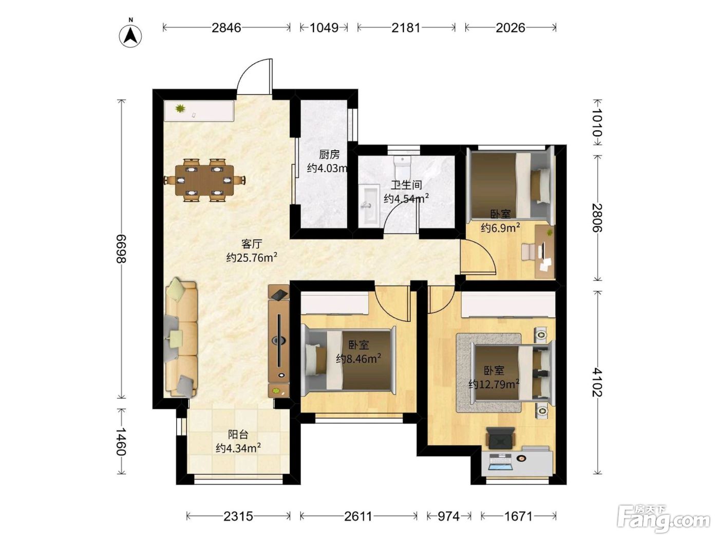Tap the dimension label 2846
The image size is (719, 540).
click(x=226, y=28)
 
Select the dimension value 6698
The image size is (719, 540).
click(x=121, y=249)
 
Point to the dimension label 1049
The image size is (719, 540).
click(x=324, y=28)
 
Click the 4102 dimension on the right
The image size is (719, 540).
click(x=597, y=382)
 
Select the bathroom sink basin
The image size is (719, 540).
click(x=369, y=205)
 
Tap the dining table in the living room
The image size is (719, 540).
click(x=205, y=179)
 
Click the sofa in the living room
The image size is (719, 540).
click(x=182, y=338)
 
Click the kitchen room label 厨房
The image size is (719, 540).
click(x=329, y=154)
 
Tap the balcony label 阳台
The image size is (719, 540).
click(x=238, y=435)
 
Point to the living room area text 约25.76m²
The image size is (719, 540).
click(x=252, y=257)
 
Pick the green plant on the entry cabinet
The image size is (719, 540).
click(x=180, y=108)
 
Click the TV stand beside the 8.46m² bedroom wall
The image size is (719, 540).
click(x=279, y=341)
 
